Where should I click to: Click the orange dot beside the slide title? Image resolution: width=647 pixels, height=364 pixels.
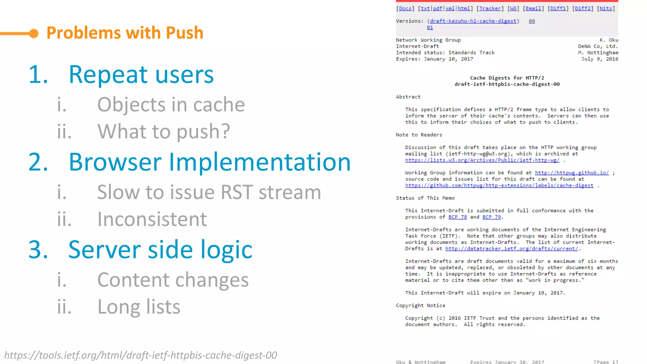(34, 33)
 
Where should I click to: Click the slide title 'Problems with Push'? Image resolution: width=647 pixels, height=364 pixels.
(125, 33)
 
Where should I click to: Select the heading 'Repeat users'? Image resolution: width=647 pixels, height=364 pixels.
(141, 75)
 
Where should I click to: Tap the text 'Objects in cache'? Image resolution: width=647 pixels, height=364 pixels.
(171, 105)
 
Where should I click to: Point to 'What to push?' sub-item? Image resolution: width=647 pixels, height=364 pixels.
(163, 131)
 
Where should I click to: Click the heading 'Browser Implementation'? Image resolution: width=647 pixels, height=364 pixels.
(209, 162)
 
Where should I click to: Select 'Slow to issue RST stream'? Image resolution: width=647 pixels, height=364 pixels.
(209, 192)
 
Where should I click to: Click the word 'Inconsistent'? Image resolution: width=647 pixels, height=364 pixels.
(152, 219)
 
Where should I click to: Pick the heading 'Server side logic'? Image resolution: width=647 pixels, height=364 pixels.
(160, 250)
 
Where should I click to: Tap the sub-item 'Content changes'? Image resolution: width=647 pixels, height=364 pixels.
(173, 280)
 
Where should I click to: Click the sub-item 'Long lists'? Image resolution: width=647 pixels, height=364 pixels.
(139, 307)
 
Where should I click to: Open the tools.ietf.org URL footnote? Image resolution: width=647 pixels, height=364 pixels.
(141, 355)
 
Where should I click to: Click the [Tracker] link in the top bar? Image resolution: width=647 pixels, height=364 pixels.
(490, 9)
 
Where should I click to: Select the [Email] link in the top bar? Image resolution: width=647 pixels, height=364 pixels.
(533, 9)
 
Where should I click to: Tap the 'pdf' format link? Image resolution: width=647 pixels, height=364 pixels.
(438, 9)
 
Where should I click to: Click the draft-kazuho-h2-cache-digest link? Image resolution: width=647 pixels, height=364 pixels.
(473, 21)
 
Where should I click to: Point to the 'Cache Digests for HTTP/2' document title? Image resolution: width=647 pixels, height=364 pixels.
(507, 78)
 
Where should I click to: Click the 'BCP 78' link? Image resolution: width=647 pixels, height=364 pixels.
(457, 217)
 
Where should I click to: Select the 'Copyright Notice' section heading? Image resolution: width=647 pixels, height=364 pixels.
(420, 306)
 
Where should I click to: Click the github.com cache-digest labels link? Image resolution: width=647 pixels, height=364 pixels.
(499, 185)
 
